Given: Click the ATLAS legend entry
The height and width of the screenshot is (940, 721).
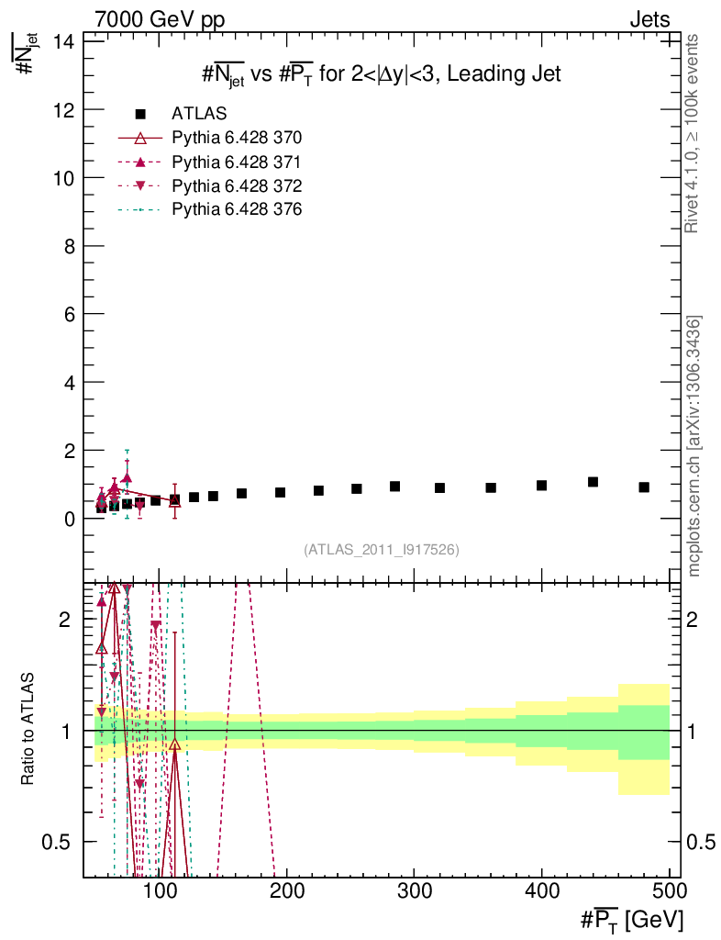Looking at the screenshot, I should tap(199, 114).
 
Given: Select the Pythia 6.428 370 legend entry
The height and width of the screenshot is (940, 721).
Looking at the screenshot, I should tap(237, 138).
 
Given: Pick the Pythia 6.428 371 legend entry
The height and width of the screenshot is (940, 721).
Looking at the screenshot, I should tap(237, 162).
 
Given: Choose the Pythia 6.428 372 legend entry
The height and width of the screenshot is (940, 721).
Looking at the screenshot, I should tap(237, 185).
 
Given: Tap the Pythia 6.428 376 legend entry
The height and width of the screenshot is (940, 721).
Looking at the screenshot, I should tap(237, 209).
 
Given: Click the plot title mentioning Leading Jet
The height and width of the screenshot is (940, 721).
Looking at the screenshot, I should tap(381, 74).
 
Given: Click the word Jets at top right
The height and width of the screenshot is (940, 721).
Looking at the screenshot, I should tap(649, 19).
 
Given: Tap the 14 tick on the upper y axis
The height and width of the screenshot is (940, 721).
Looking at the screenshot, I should tap(65, 41).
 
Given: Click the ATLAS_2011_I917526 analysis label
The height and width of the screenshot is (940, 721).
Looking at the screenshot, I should tap(381, 549).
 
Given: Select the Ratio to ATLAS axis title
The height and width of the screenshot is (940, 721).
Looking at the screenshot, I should tap(28, 730).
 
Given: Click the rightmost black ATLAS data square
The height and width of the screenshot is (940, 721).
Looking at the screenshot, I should tap(644, 487).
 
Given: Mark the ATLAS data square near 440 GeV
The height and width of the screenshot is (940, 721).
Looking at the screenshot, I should tap(593, 482).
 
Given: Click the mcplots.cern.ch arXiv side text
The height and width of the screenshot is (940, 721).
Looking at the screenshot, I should tap(695, 445).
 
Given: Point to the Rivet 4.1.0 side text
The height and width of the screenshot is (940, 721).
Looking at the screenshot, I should tap(693, 133).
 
